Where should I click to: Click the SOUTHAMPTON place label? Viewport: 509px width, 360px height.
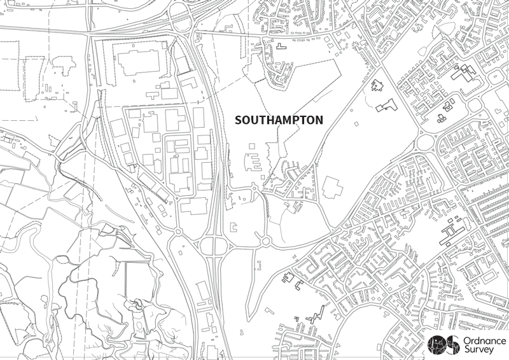click(x=279, y=120)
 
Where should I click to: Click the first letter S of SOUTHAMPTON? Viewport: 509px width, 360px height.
click(x=239, y=120)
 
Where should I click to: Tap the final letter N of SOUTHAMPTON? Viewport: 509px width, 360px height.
click(x=319, y=120)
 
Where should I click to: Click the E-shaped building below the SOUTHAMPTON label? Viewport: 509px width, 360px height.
click(x=254, y=163)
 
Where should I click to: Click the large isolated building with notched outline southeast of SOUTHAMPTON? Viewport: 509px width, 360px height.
click(x=331, y=188)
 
